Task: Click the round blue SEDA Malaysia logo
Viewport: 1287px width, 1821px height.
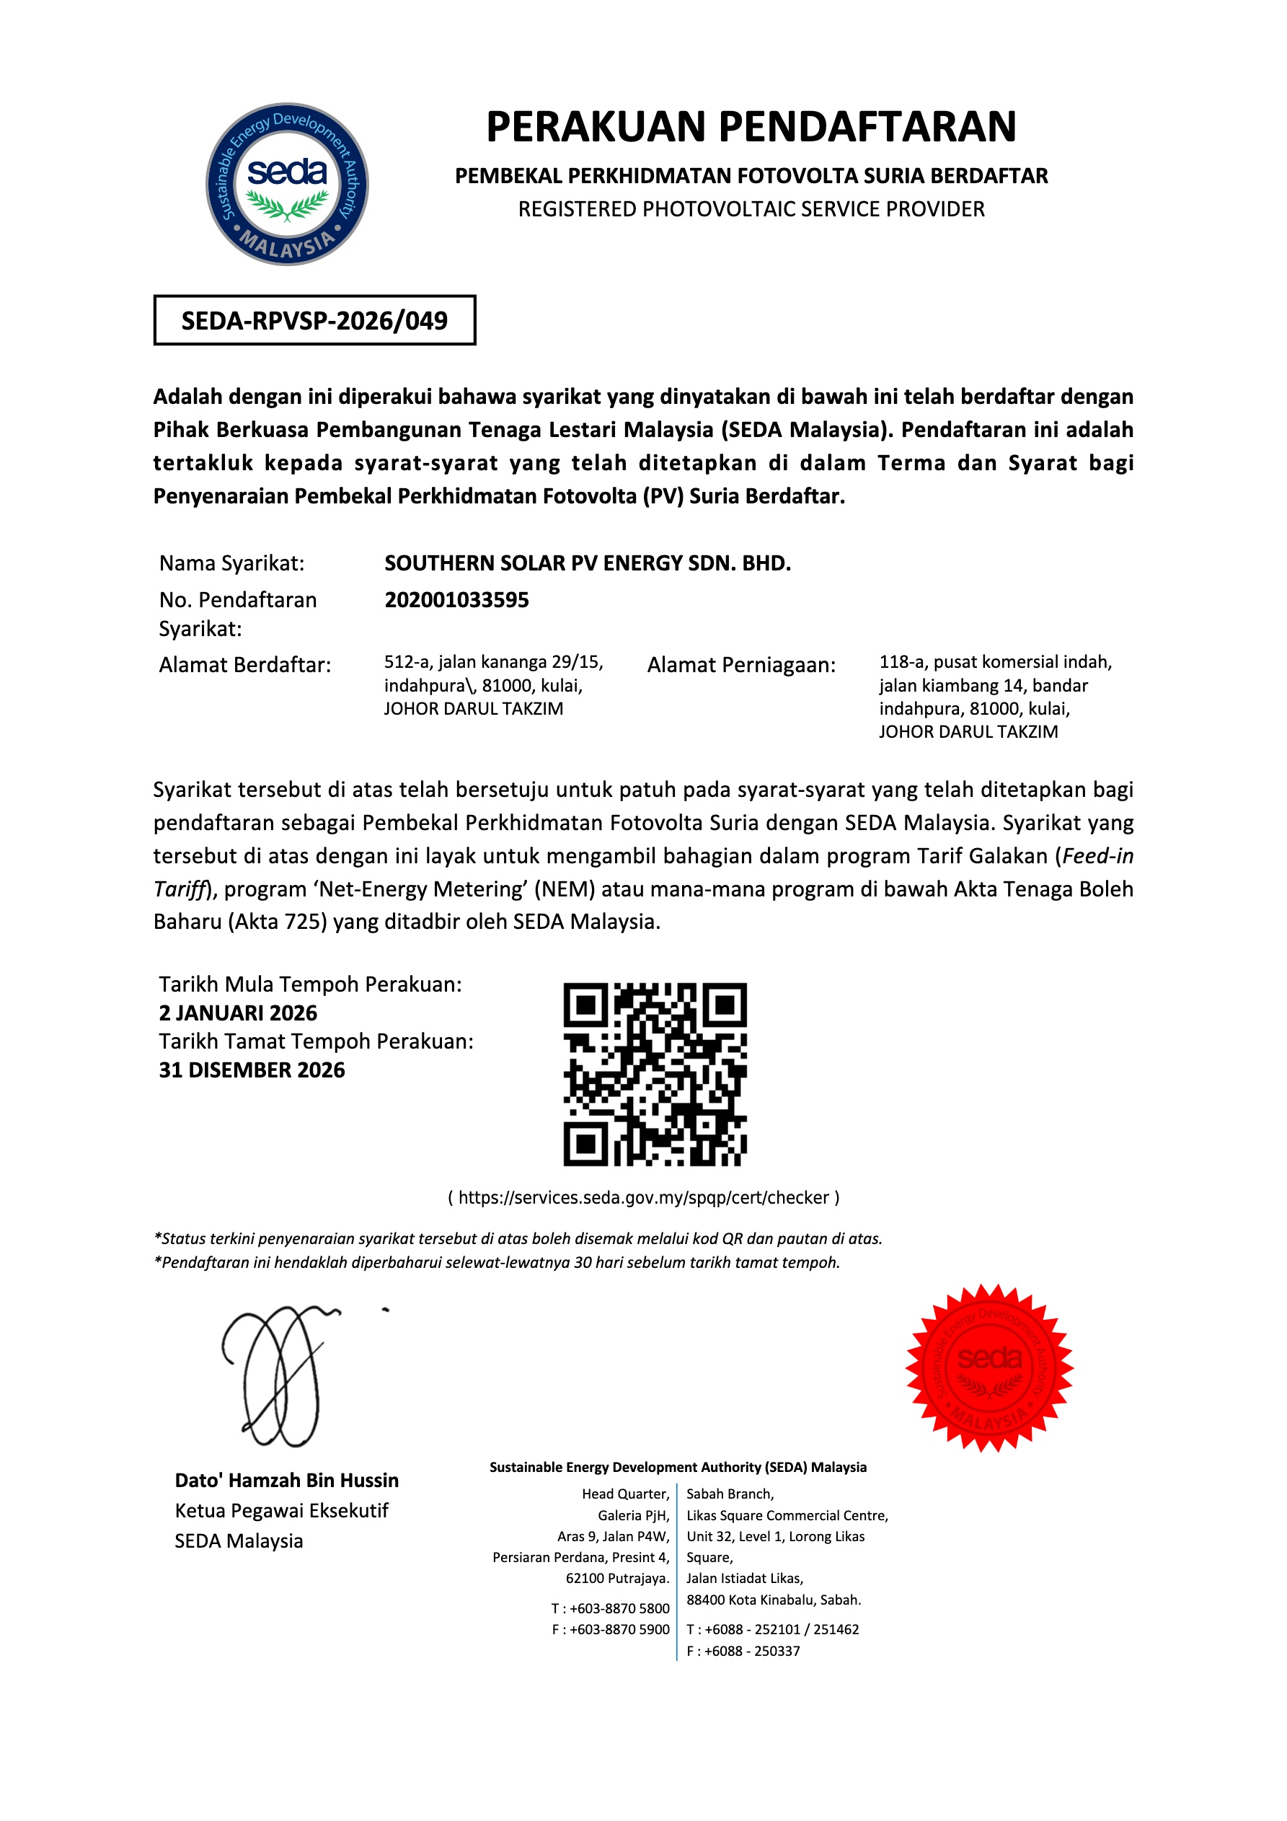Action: (x=287, y=184)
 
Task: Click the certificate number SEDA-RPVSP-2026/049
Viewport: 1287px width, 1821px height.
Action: (x=314, y=320)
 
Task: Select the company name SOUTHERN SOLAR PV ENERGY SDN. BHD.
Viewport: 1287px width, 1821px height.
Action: (x=587, y=563)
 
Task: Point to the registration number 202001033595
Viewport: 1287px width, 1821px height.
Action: (x=456, y=599)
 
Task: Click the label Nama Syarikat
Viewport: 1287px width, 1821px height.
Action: (x=231, y=563)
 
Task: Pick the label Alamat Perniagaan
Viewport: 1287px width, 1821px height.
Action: (x=740, y=665)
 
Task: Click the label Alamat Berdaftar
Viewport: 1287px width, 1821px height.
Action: (x=244, y=665)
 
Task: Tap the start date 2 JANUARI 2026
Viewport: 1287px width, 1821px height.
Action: (x=237, y=1013)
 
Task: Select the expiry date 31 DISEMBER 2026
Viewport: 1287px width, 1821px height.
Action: (x=252, y=1070)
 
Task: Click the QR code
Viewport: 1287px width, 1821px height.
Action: (x=655, y=1074)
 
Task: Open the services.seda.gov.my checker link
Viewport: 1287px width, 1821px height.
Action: (x=643, y=1197)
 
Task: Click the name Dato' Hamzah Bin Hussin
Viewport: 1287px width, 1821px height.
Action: (x=286, y=1480)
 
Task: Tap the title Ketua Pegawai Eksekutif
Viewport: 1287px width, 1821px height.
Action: (x=281, y=1510)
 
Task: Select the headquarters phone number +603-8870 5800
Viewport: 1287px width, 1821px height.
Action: (x=619, y=1608)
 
